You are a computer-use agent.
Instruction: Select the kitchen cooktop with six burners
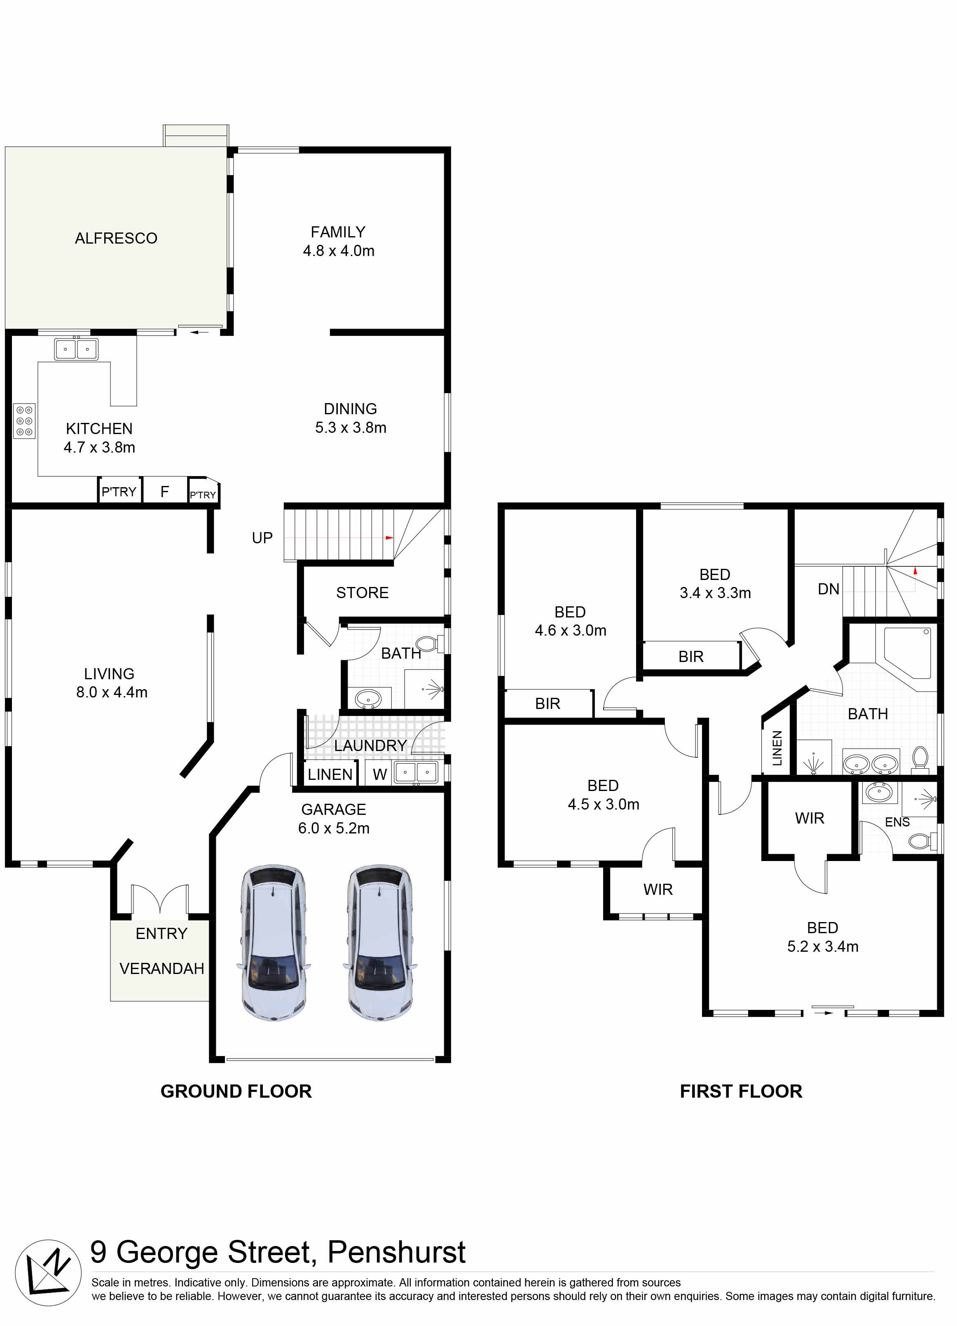(x=25, y=421)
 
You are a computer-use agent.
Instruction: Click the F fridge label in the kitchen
(x=165, y=492)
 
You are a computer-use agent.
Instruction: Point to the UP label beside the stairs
(x=262, y=538)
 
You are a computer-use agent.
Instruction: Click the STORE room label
(x=362, y=593)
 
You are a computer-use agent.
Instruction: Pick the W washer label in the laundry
(x=380, y=774)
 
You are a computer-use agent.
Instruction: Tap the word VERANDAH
(x=162, y=969)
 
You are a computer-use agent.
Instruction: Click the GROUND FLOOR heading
(x=236, y=1091)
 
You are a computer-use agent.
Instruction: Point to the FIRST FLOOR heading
(x=741, y=1091)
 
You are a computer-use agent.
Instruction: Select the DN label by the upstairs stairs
(x=828, y=589)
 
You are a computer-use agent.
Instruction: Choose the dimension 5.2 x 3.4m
(x=823, y=946)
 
